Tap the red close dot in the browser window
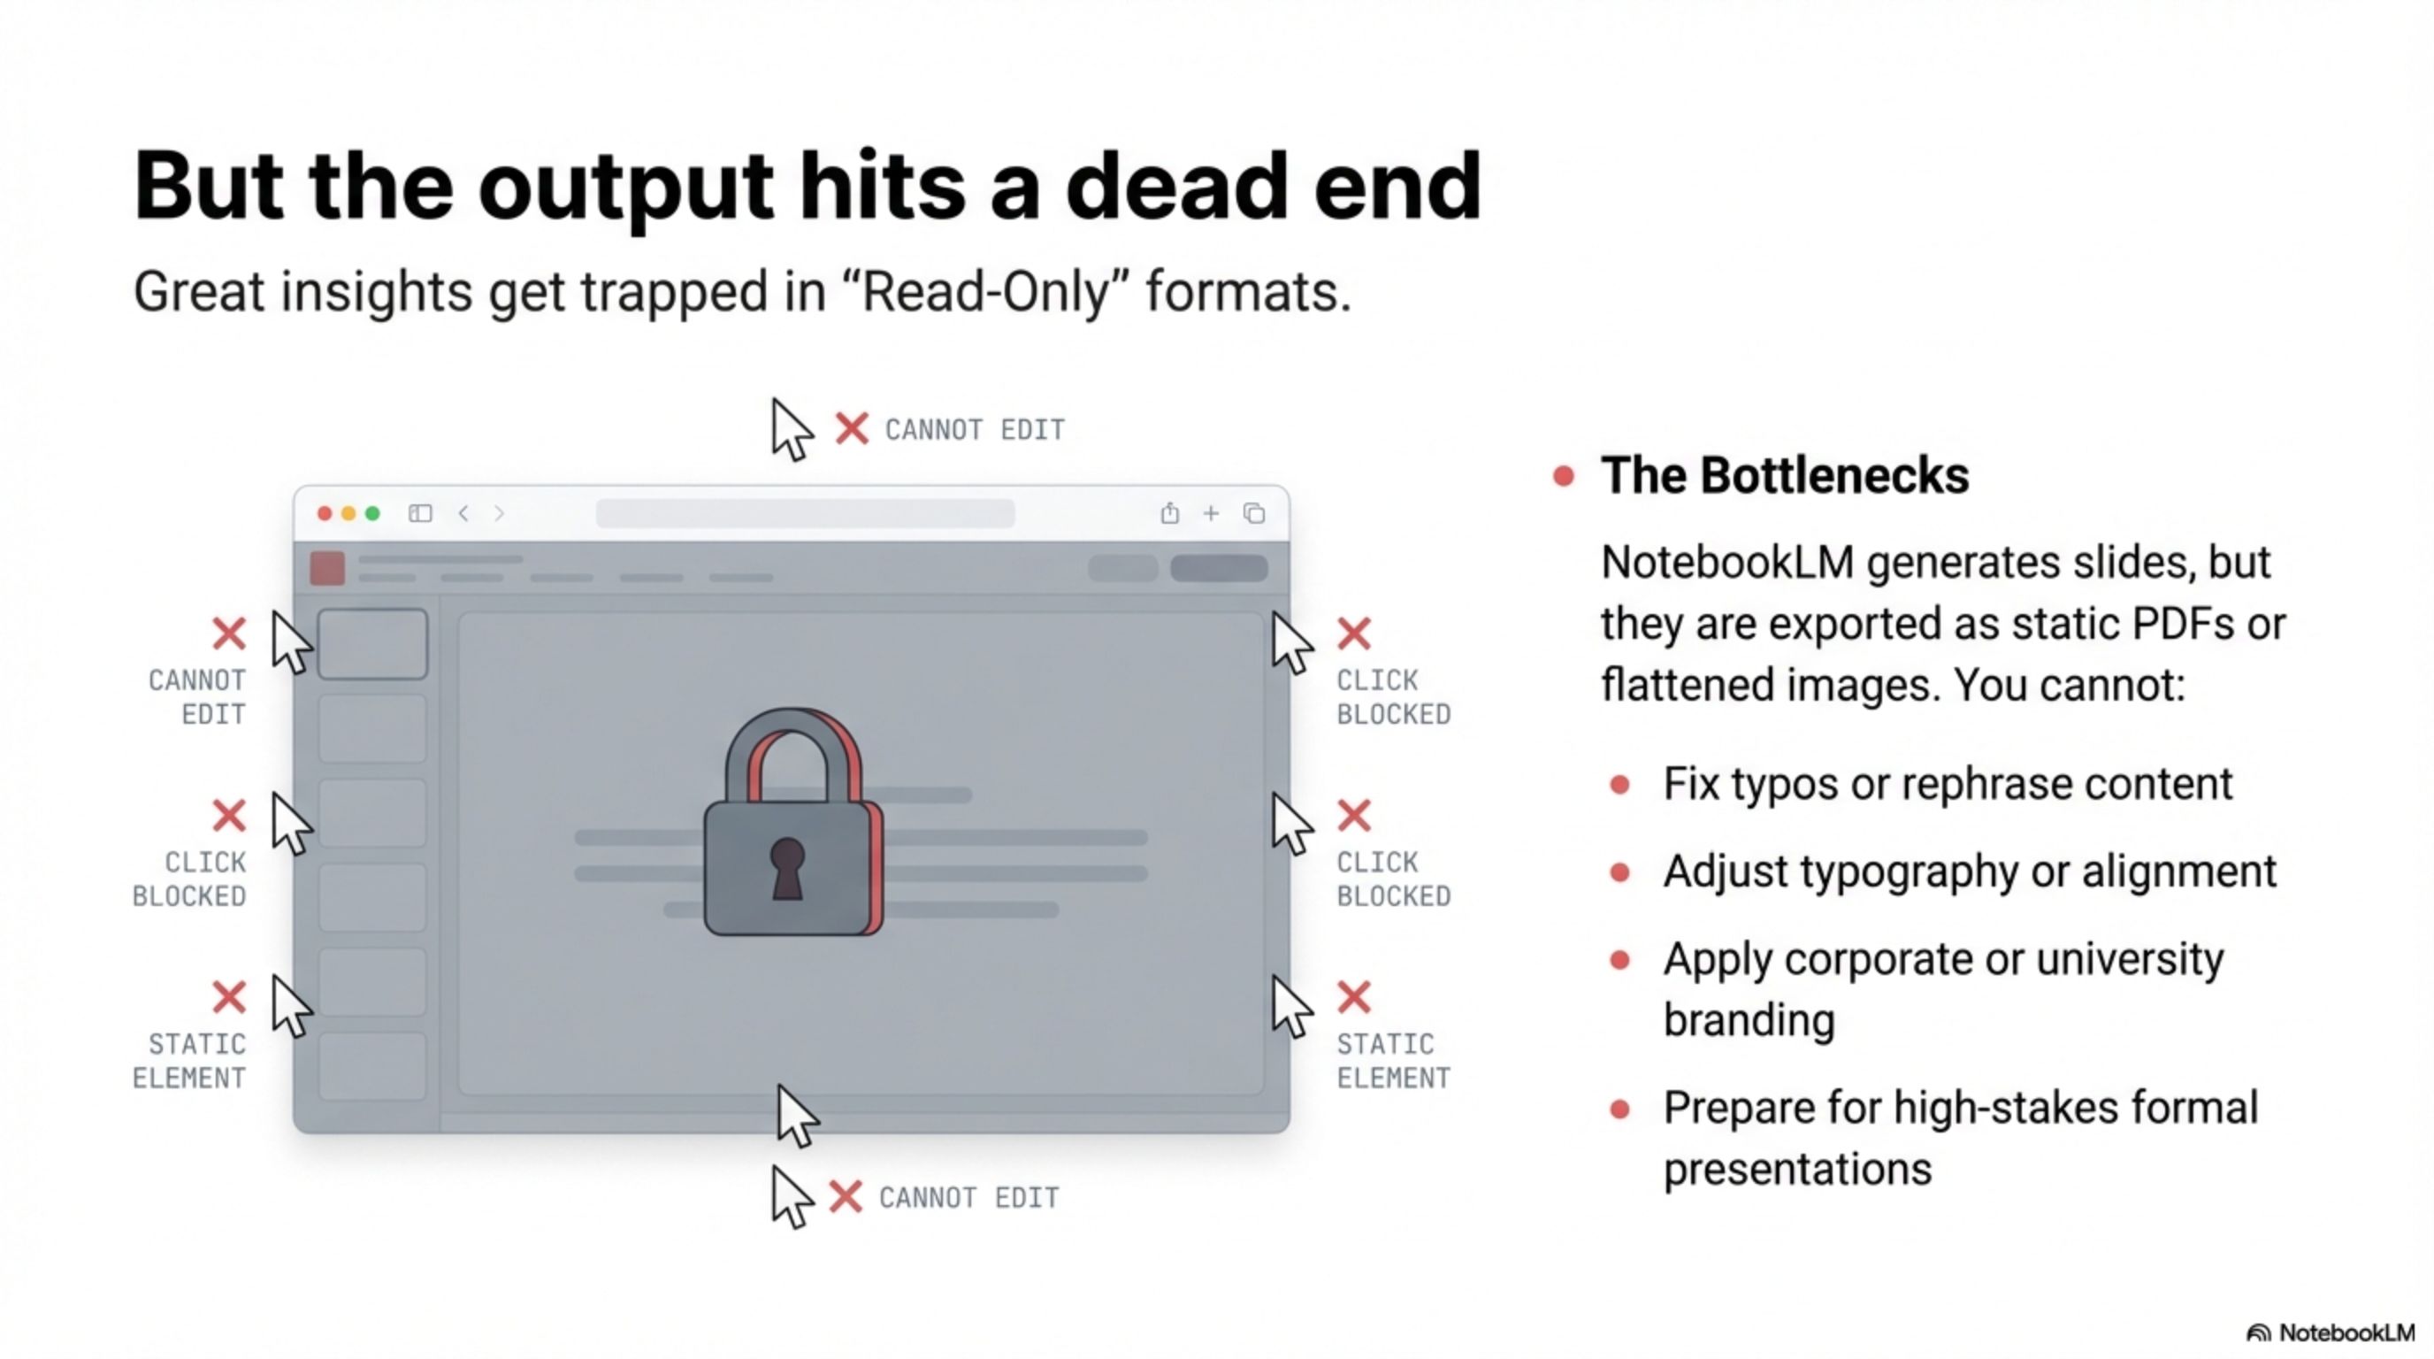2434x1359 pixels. [x=324, y=513]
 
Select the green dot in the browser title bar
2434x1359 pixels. [x=373, y=513]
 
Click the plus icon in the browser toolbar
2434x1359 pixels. [x=1212, y=513]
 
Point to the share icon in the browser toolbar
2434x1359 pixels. [x=1170, y=512]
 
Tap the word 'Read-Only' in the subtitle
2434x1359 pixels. [x=984, y=291]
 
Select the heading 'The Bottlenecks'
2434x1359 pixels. [x=1784, y=474]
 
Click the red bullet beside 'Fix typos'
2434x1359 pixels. [x=1619, y=785]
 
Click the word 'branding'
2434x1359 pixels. [x=1749, y=1021]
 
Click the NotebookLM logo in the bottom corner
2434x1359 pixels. [x=2330, y=1332]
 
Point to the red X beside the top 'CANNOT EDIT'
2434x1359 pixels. [x=852, y=428]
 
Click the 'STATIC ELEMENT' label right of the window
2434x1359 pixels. [x=1393, y=1060]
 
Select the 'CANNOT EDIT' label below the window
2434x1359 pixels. [x=968, y=1197]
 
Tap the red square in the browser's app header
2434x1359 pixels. [x=327, y=568]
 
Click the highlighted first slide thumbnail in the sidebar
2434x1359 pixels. [x=372, y=644]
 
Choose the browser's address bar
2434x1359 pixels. [x=805, y=513]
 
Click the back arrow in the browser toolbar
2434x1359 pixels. [x=463, y=513]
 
